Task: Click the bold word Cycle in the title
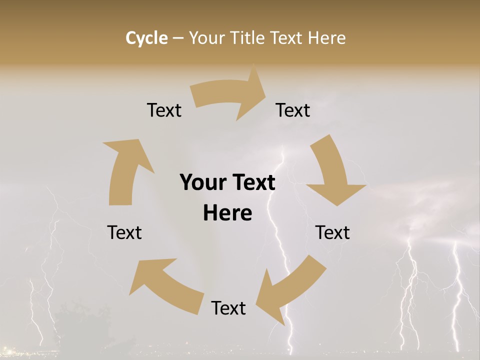tap(146, 38)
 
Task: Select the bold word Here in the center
tap(227, 213)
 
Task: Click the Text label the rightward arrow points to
tap(293, 110)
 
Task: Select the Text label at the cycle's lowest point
tap(228, 308)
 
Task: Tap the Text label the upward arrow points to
tap(164, 110)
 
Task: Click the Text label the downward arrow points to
tap(332, 232)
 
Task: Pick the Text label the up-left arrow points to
tap(124, 232)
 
